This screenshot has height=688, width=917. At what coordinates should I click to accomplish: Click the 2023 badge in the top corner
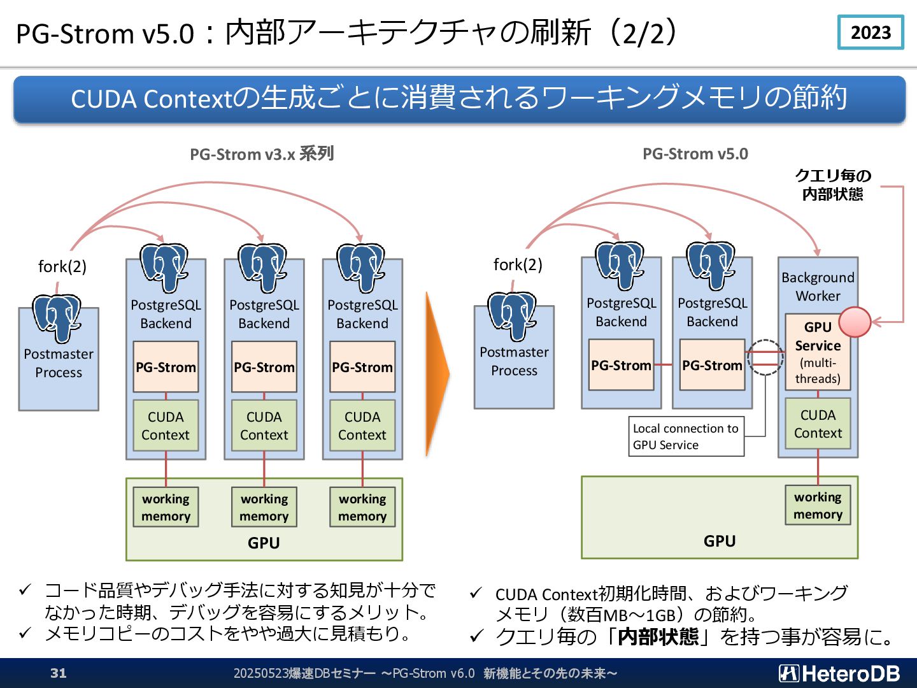[x=871, y=32]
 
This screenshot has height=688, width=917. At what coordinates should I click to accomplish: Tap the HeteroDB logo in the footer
[x=839, y=673]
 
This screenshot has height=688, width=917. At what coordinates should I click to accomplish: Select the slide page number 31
[x=58, y=673]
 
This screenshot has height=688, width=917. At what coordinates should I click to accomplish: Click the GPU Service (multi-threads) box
[x=817, y=352]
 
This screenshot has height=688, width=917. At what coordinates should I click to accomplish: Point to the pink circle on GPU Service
[x=855, y=322]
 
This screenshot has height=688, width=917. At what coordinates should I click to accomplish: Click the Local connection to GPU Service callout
[x=686, y=436]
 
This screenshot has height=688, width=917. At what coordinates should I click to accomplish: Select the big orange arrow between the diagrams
[x=437, y=374]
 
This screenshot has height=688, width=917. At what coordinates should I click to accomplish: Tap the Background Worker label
[x=818, y=287]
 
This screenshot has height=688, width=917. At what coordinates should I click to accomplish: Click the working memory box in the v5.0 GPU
[x=818, y=505]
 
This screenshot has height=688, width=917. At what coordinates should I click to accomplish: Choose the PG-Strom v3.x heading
[x=262, y=154]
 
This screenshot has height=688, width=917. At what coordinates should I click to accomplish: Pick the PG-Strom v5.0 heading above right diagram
[x=695, y=154]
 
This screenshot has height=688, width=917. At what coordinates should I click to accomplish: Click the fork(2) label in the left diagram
[x=62, y=266]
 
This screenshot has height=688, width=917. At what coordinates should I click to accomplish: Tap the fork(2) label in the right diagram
[x=518, y=264]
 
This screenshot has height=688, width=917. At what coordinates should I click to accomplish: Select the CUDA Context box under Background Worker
[x=818, y=424]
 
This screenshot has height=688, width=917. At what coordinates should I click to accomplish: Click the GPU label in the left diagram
[x=264, y=543]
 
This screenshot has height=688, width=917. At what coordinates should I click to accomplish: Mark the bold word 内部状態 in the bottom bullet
[x=658, y=636]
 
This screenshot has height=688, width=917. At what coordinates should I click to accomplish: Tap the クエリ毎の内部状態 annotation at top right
[x=832, y=185]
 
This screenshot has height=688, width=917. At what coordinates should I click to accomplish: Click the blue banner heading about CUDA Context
[x=459, y=99]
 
